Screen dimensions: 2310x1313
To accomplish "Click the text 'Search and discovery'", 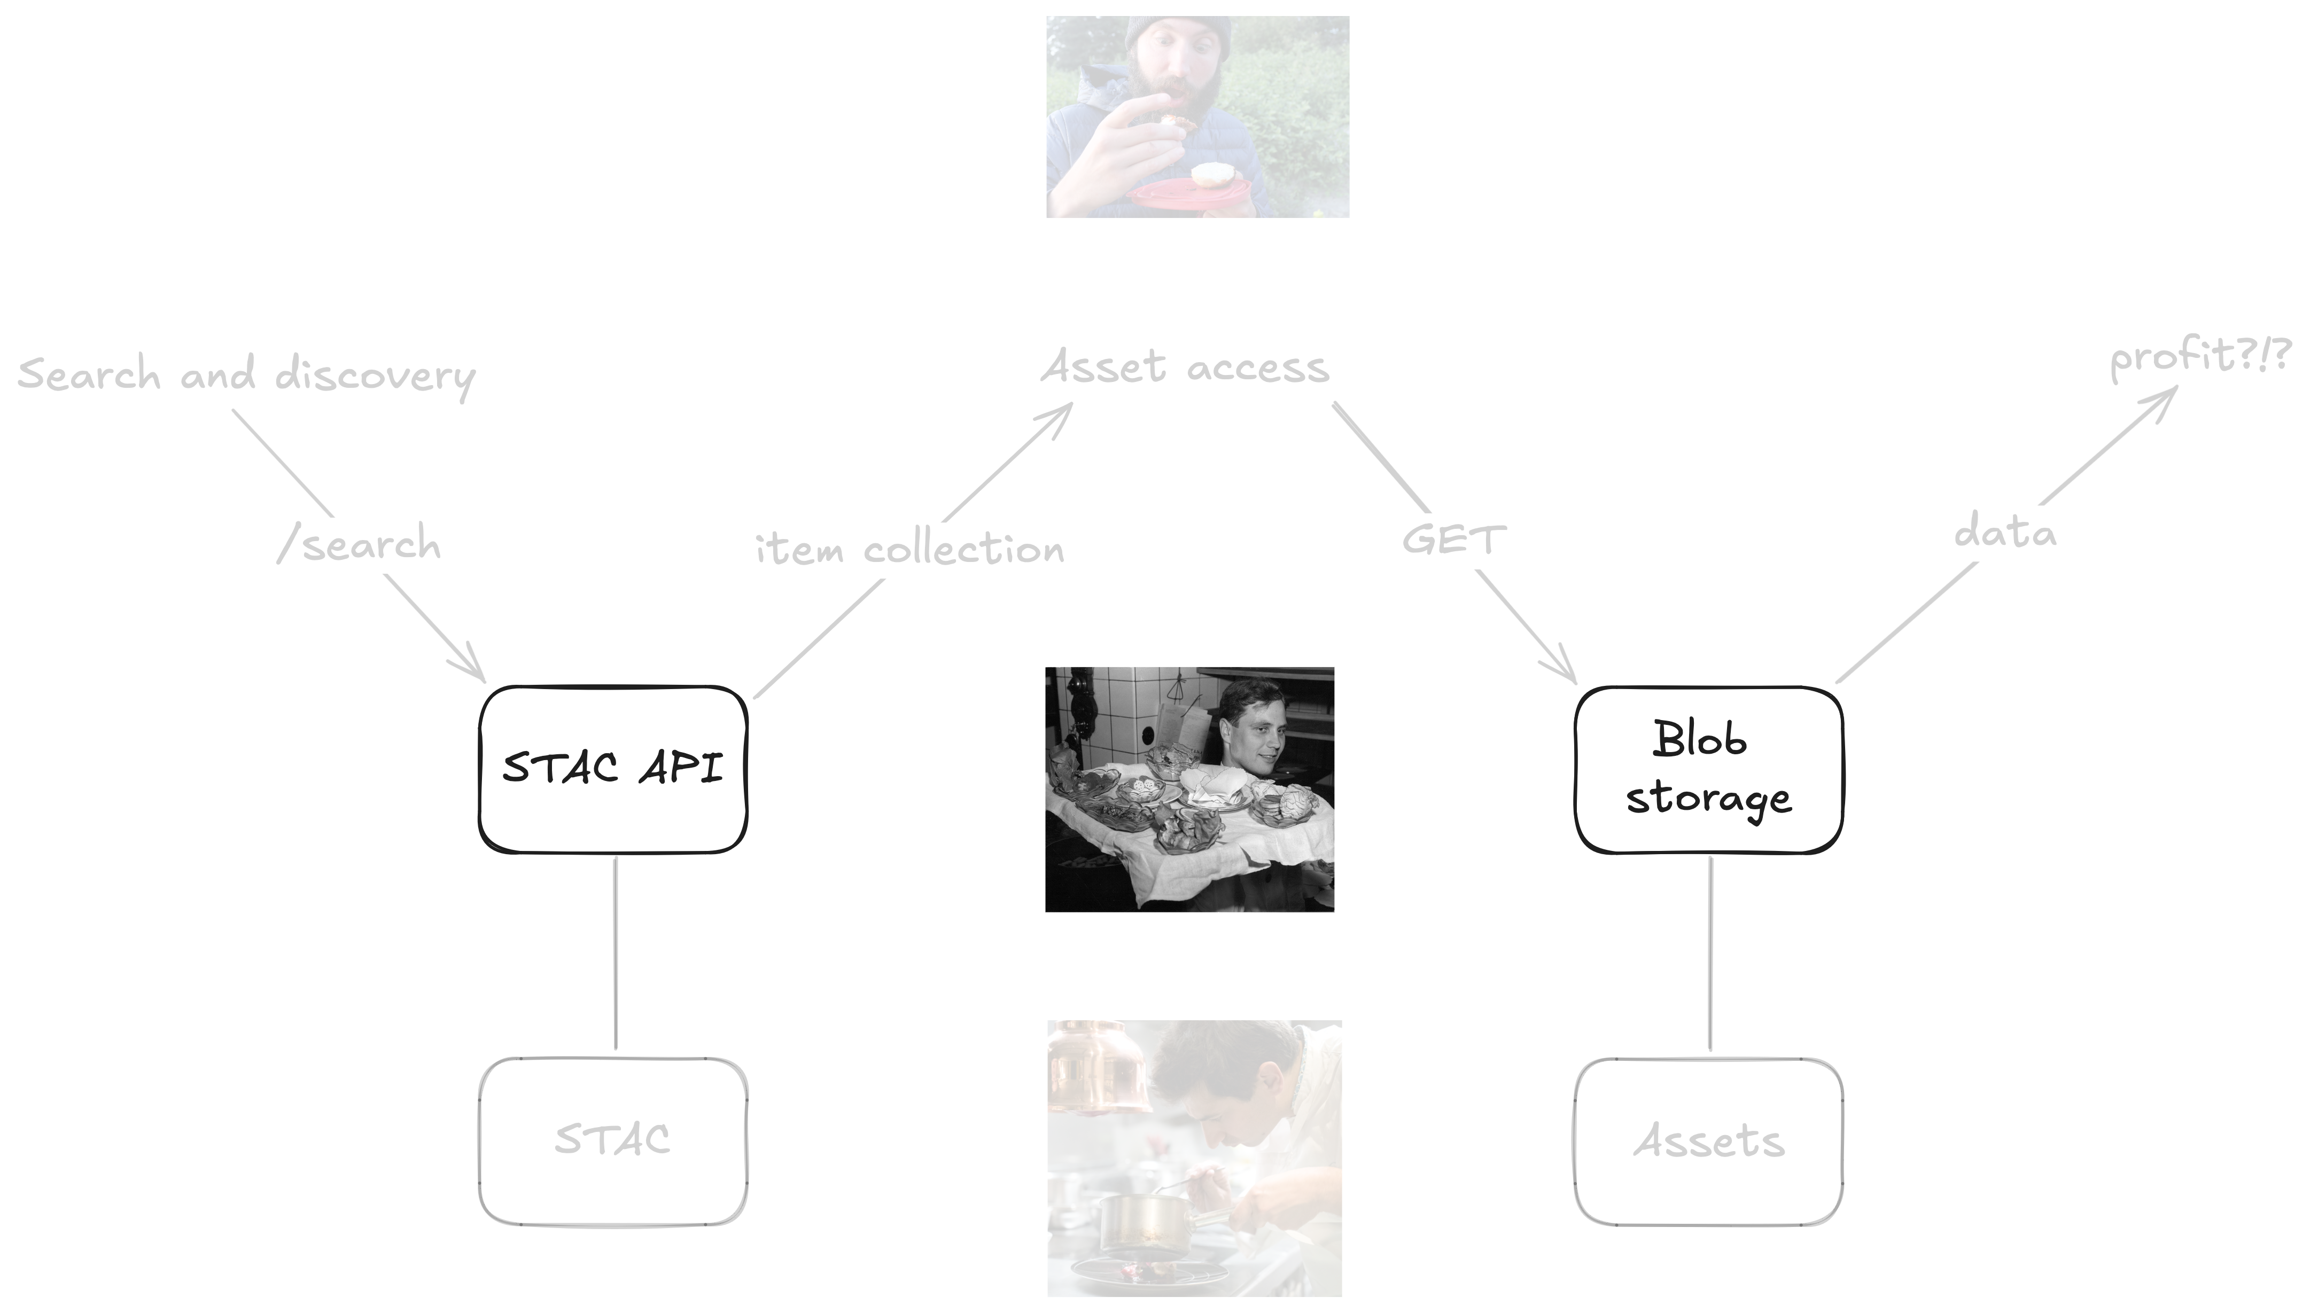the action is (246, 376).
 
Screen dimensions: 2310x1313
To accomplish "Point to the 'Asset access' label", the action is (1185, 367).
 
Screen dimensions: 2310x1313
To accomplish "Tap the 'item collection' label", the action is (910, 548).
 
